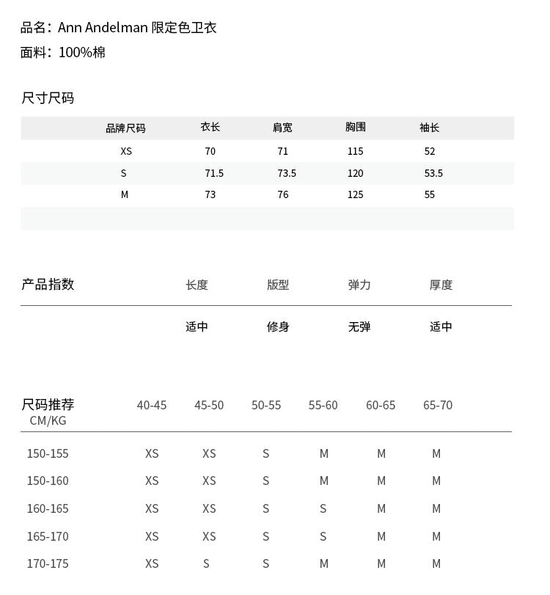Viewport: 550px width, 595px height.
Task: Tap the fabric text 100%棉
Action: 81,52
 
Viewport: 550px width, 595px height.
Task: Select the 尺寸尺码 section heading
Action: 48,98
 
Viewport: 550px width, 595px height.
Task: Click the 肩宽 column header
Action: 282,128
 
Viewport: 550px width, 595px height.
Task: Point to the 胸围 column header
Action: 356,127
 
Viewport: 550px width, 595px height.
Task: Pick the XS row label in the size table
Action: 126,151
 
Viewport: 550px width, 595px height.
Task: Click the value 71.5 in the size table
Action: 214,173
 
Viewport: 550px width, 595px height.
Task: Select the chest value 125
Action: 356,194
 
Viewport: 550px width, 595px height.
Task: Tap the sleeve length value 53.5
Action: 433,173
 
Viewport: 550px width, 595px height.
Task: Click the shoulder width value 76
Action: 283,194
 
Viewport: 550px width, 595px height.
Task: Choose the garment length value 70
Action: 210,151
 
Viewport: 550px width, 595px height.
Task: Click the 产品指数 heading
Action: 48,285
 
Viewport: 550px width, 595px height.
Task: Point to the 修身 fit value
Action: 278,326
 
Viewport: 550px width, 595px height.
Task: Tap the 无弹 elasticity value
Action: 359,326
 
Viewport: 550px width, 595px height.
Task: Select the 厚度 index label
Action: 441,285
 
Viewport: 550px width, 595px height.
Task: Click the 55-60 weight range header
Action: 323,405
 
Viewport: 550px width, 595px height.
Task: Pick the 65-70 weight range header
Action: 438,405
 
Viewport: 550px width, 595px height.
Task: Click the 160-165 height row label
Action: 48,508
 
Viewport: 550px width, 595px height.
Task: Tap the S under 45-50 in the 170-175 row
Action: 207,563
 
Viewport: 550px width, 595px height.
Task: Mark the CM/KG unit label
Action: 48,420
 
